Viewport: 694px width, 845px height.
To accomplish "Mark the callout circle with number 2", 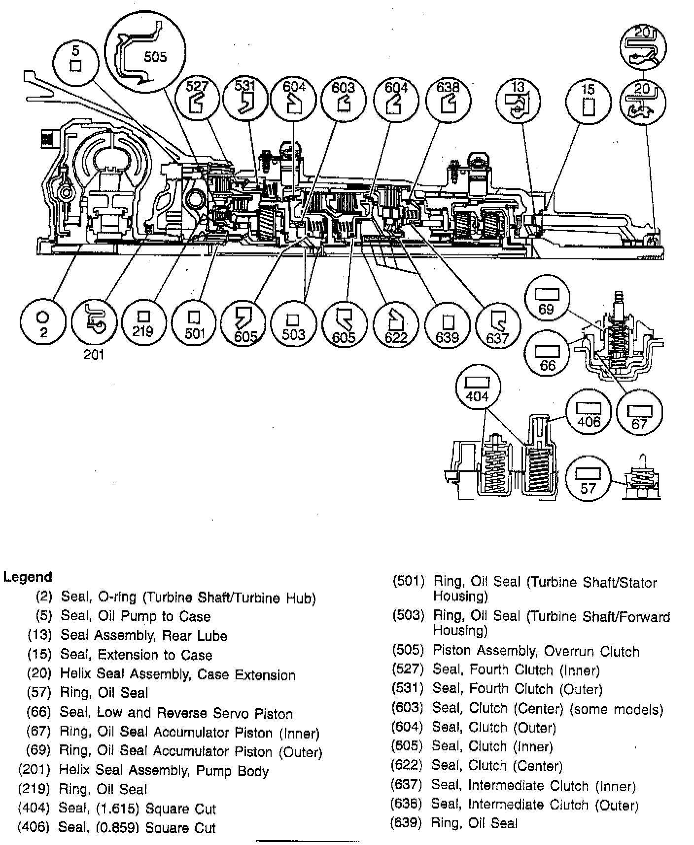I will click(x=42, y=323).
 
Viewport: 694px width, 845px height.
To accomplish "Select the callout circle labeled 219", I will click(x=143, y=323).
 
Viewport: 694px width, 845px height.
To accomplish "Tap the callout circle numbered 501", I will click(x=194, y=324).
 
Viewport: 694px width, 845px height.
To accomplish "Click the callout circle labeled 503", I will click(x=293, y=324).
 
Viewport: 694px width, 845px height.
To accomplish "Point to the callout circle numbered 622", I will click(x=396, y=324).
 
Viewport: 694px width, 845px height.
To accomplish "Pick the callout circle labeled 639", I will click(x=447, y=324).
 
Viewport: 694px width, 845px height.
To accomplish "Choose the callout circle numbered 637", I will click(x=498, y=324).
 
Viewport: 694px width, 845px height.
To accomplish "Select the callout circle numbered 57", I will click(x=588, y=478).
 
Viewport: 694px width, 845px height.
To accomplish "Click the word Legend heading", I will click(x=28, y=576).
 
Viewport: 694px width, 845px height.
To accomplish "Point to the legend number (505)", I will click(x=408, y=650).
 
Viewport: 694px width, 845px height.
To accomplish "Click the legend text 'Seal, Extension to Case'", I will click(x=137, y=655).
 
